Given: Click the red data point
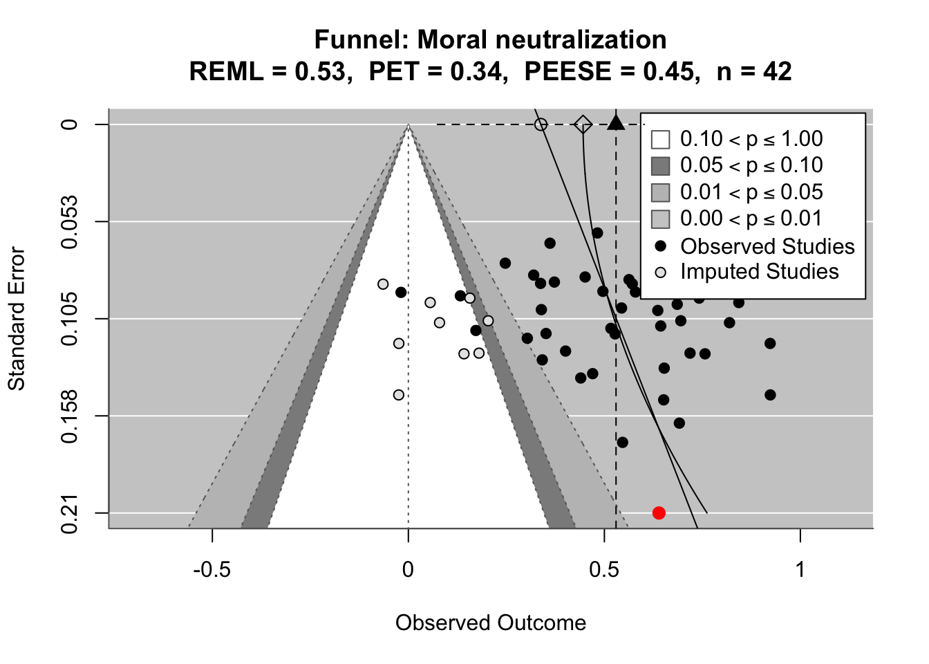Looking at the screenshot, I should pos(659,513).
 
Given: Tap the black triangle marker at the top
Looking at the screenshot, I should pos(616,123).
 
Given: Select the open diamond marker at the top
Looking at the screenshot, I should pos(583,124).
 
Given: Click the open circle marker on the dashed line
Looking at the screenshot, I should pos(541,124).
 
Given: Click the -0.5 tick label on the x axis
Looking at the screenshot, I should pos(212,570).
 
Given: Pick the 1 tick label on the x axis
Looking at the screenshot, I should pos(800,570).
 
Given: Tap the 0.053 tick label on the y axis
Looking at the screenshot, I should pos(71,222).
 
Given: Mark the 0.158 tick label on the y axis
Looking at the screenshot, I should pos(71,416).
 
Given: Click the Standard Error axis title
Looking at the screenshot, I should pos(17,319).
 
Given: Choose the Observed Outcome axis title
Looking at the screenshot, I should pos(491,623).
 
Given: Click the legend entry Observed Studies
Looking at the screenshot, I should pos(767,246).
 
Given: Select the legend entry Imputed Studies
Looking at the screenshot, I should pos(759,272).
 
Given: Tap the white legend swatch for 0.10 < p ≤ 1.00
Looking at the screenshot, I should pos(661,139).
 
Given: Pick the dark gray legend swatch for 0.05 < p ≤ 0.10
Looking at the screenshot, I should pos(661,166).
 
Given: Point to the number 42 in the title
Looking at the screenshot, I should pos(777,71).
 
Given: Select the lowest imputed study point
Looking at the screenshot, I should pos(399,395).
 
